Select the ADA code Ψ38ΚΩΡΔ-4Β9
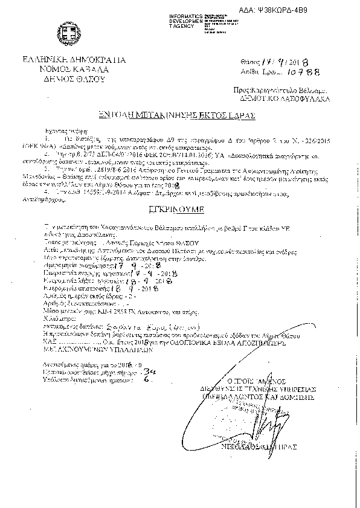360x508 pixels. click(x=321, y=10)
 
